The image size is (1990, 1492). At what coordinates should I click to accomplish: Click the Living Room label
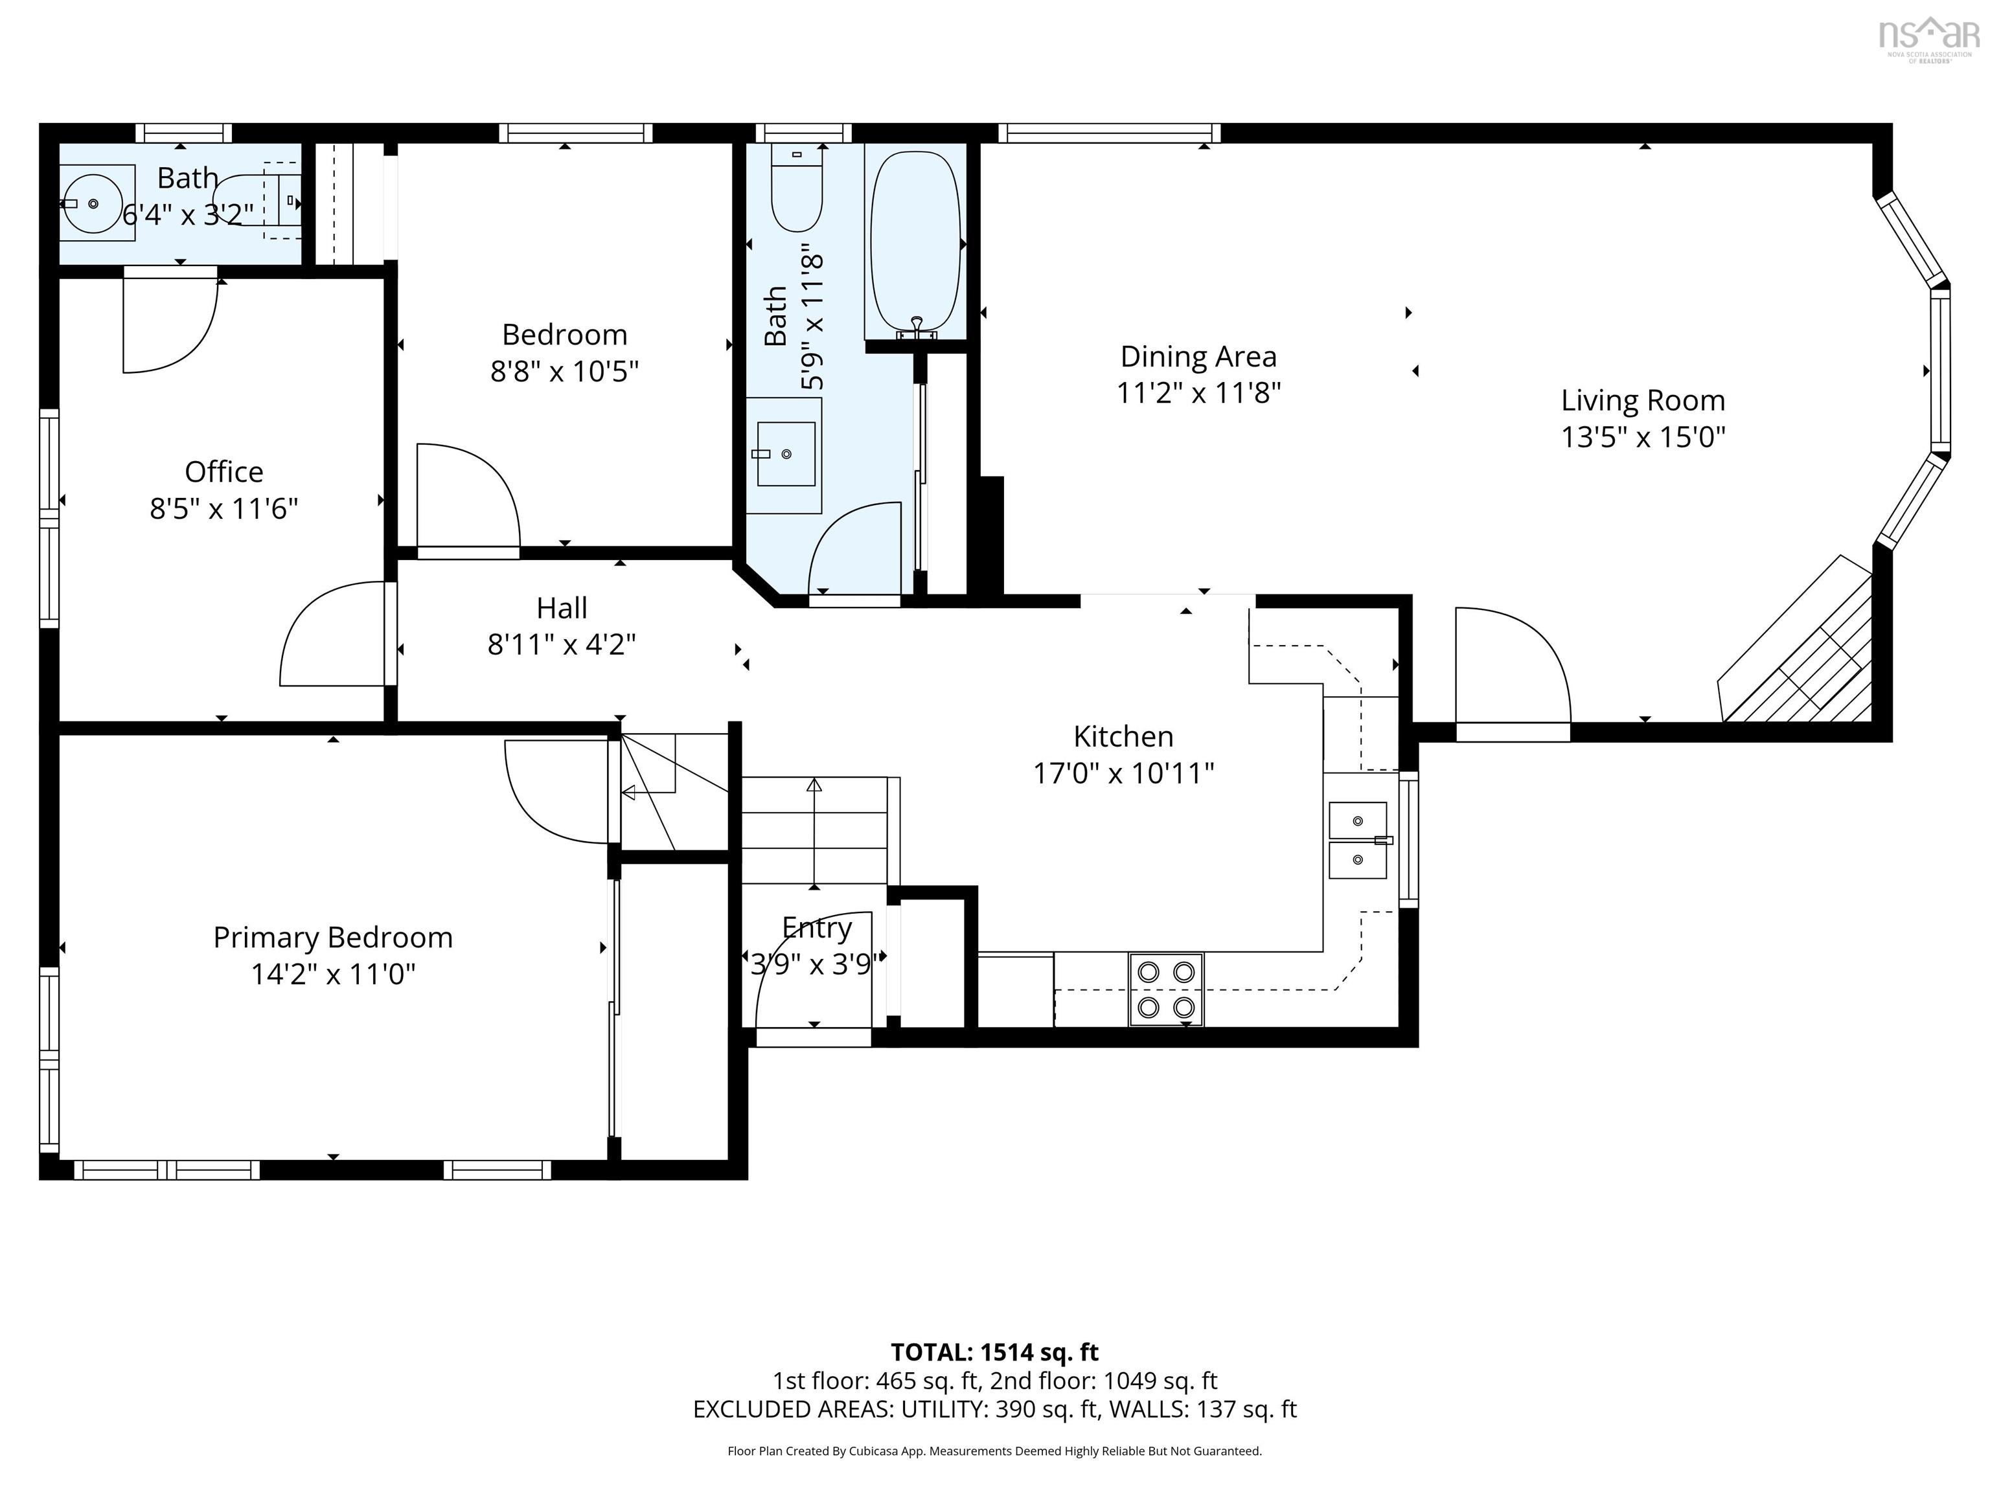1642,400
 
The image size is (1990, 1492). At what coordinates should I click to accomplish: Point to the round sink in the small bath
93,203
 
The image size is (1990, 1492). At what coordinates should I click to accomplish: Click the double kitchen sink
1358,840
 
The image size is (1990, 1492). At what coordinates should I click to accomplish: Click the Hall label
562,608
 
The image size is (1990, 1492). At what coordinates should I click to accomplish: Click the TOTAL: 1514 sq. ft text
994,1351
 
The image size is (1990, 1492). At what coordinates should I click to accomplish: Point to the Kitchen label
1123,736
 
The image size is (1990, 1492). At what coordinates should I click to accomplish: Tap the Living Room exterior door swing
1511,666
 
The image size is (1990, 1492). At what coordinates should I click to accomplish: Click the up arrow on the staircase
814,785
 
